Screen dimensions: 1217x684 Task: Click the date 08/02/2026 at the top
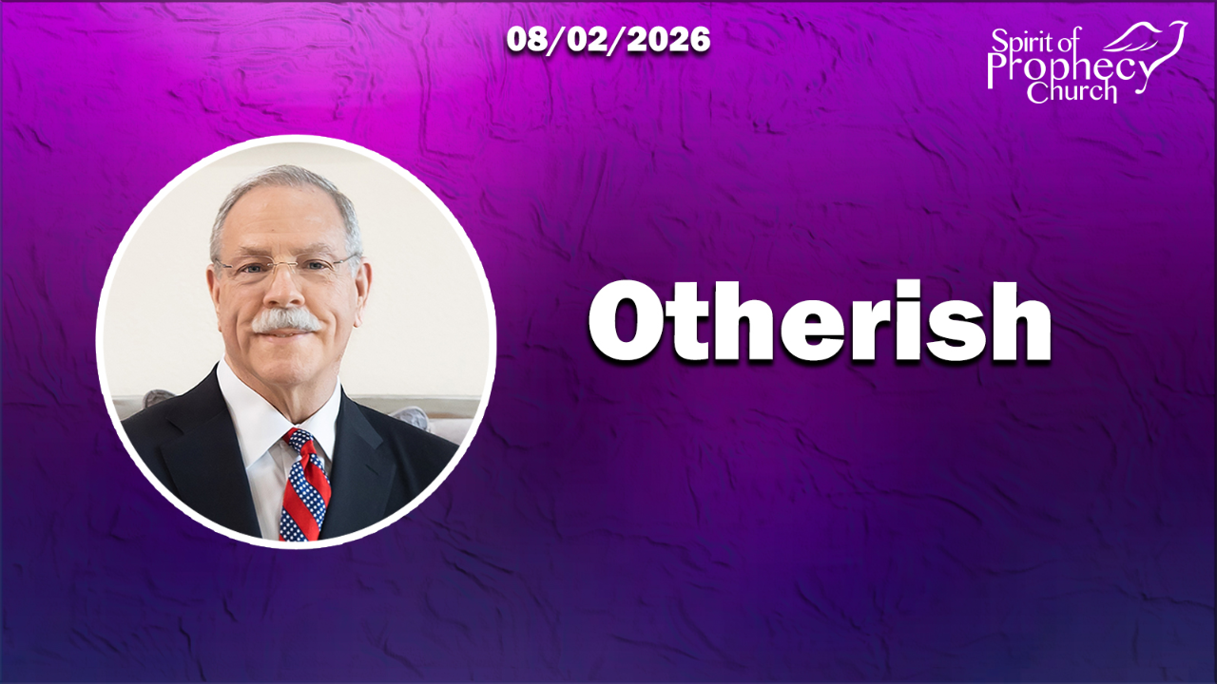608,40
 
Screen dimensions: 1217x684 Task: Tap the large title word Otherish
820,321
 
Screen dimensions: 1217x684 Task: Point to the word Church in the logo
1072,91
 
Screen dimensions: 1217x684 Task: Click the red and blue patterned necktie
304,485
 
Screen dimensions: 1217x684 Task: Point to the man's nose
284,291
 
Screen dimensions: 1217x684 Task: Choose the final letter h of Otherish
1016,321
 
